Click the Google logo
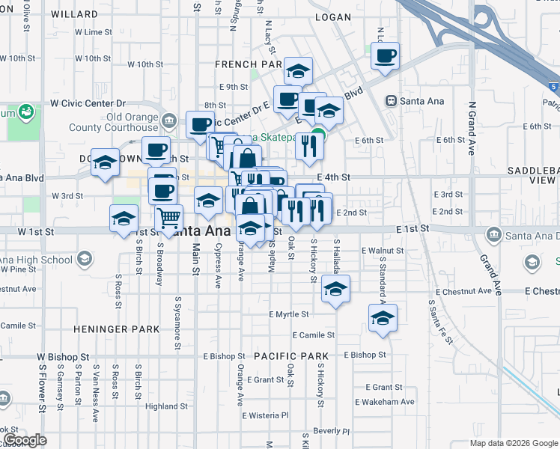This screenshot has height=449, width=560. (x=25, y=439)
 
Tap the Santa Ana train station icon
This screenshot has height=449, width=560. (x=390, y=101)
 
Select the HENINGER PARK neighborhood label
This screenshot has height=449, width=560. (x=116, y=329)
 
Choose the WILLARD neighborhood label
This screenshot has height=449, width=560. (x=76, y=14)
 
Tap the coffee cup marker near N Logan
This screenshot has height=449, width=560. (x=385, y=57)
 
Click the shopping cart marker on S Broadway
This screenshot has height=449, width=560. (x=169, y=219)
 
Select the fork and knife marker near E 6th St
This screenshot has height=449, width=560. (x=309, y=147)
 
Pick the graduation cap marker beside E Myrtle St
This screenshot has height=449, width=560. (x=335, y=289)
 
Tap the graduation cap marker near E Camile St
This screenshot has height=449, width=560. (x=383, y=318)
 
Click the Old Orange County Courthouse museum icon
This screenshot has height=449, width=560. (x=169, y=119)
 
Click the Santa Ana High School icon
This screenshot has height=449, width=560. (x=84, y=260)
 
